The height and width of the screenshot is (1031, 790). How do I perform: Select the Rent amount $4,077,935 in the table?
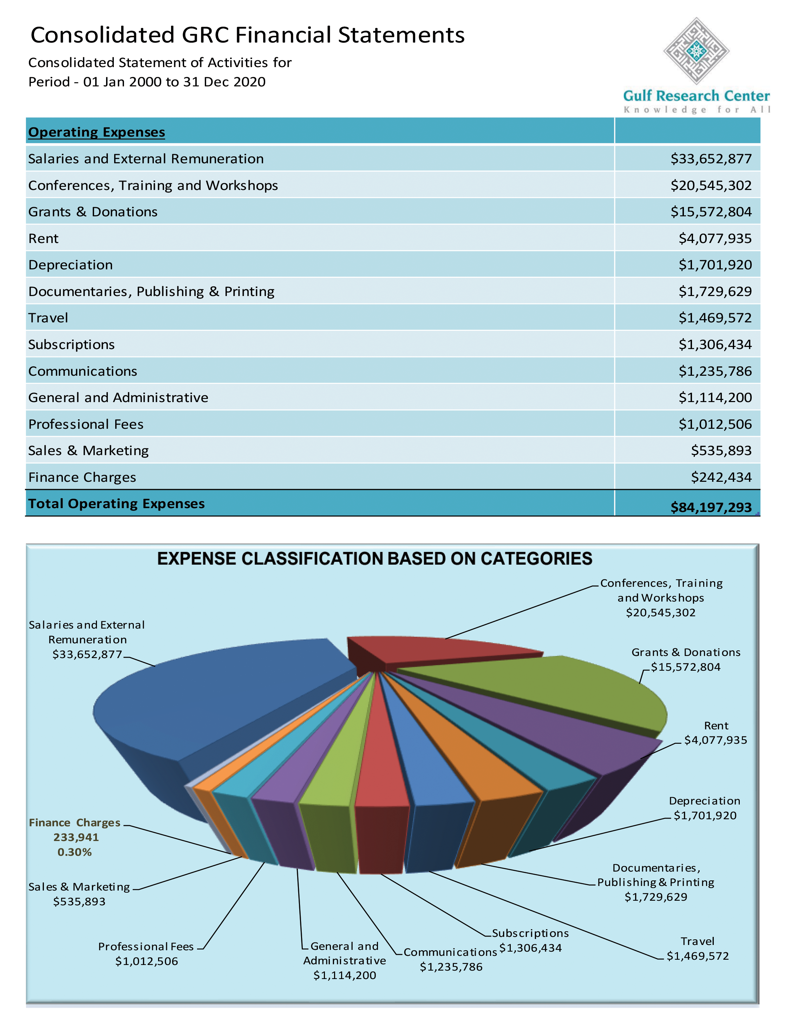coord(715,238)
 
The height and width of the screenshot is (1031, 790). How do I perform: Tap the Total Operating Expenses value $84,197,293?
coord(711,507)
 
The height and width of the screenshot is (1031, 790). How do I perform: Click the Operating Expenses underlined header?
coord(96,132)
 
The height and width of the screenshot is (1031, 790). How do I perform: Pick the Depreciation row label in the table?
coord(71,265)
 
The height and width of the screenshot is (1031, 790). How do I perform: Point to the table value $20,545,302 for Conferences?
coord(711,185)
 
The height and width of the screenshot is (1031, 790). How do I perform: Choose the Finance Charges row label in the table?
coord(82,477)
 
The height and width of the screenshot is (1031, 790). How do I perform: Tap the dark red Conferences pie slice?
coord(437,651)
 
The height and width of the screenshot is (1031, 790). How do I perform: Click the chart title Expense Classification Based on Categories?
coord(374,559)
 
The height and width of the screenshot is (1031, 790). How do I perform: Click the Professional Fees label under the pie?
coord(146,953)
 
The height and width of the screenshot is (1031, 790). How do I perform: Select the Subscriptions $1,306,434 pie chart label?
coord(530,940)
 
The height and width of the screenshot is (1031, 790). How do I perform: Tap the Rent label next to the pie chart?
coord(716,733)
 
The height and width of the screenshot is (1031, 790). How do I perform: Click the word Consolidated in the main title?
coord(103,35)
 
